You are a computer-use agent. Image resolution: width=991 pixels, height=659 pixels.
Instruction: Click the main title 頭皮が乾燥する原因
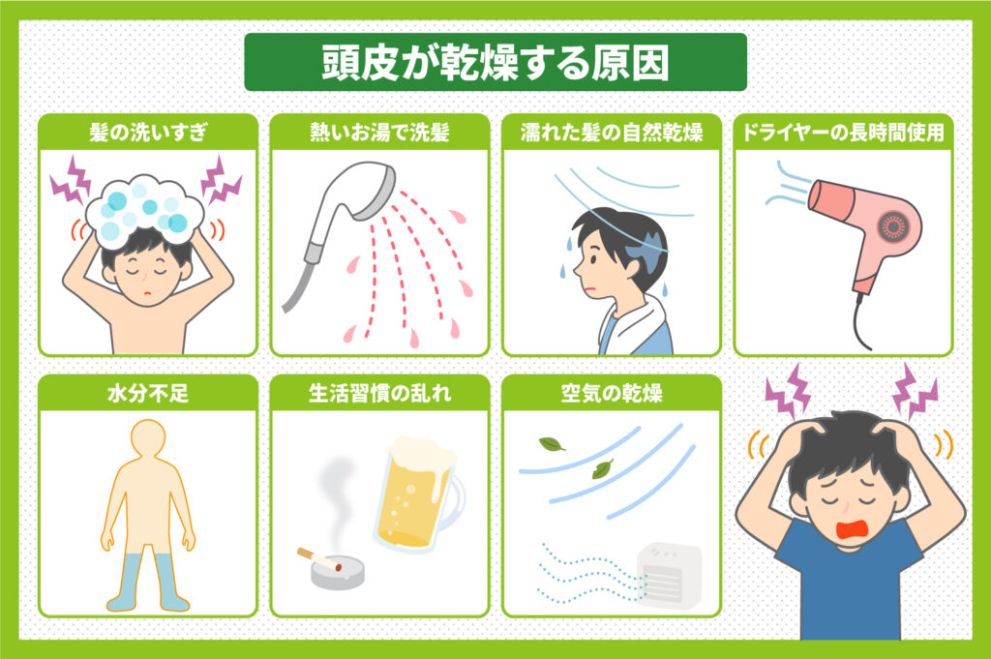point(495,63)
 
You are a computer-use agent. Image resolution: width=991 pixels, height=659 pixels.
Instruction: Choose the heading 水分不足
point(148,394)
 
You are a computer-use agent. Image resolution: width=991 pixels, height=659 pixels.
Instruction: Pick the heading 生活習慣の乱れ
point(379,394)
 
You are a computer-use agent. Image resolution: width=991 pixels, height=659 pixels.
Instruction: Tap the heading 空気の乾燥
point(612,394)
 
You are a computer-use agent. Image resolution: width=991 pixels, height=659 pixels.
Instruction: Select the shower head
point(348,208)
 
